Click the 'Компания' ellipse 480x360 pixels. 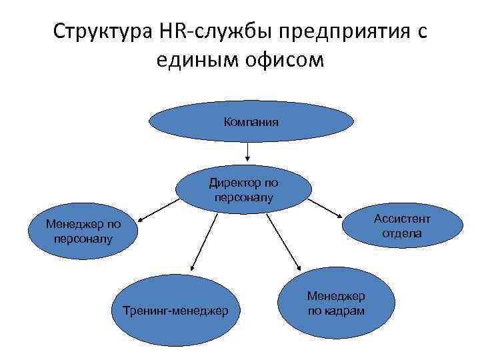[251, 122]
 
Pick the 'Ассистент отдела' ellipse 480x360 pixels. [402, 226]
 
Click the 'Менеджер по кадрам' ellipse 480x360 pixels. [336, 303]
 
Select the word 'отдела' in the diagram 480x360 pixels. [402, 233]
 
